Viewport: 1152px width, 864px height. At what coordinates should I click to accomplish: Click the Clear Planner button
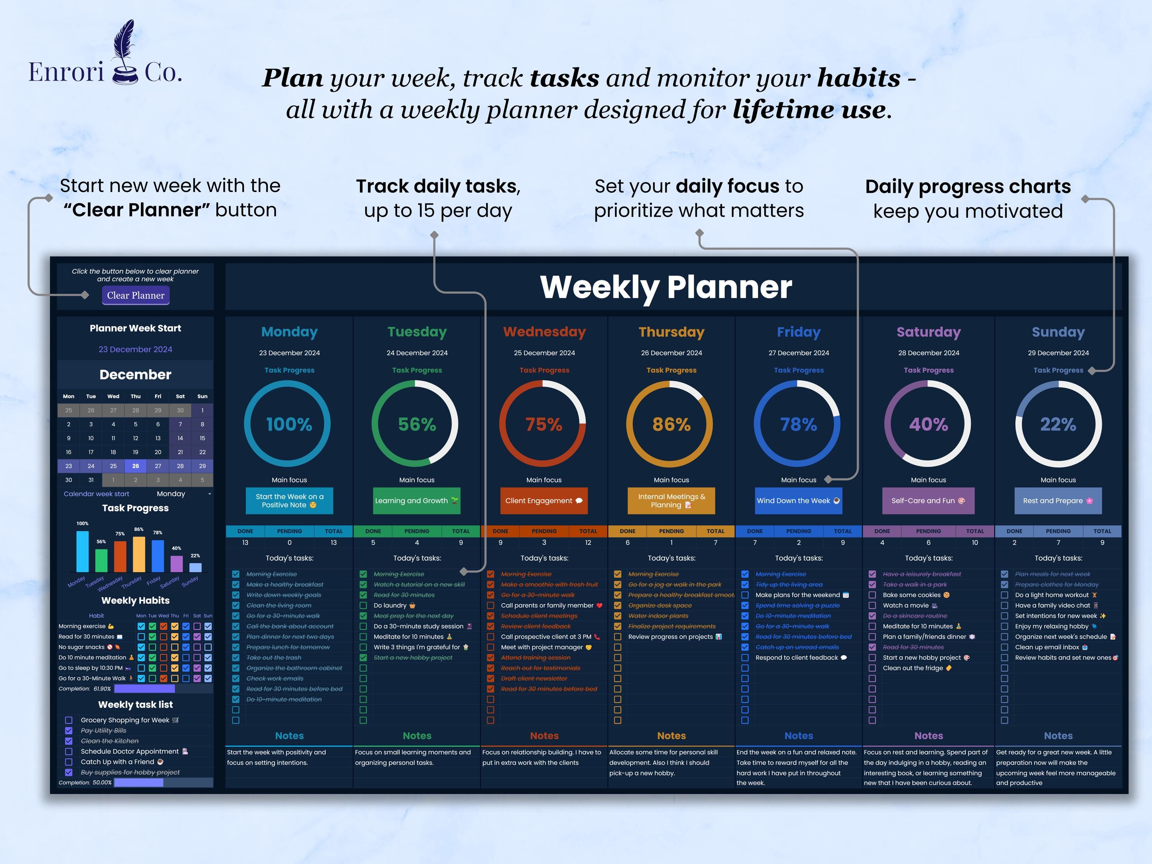click(x=136, y=295)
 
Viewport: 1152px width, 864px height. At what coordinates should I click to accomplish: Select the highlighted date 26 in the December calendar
click(x=136, y=466)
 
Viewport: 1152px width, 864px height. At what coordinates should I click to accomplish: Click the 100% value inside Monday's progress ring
click(x=289, y=424)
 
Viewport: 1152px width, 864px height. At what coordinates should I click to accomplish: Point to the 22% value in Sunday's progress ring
click(x=1058, y=424)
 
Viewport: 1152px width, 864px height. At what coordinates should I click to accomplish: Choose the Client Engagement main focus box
click(x=544, y=500)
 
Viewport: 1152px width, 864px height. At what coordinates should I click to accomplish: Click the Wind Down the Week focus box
click(x=798, y=500)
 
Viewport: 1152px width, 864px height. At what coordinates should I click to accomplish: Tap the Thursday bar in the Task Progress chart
click(x=139, y=554)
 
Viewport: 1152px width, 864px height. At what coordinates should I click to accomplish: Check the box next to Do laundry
click(x=363, y=606)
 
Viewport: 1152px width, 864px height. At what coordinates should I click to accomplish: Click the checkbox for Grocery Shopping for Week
click(x=69, y=720)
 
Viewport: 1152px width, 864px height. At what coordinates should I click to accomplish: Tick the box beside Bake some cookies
click(x=872, y=595)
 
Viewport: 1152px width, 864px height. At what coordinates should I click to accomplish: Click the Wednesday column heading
click(x=544, y=332)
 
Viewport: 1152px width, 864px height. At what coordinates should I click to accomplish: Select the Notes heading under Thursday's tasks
click(x=671, y=736)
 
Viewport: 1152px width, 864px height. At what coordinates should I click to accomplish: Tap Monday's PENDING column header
click(x=289, y=531)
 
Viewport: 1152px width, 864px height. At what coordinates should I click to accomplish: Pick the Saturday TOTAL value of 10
click(x=975, y=543)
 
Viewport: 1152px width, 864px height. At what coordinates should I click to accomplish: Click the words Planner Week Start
click(x=136, y=328)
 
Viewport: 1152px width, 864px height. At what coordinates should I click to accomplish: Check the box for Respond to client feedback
click(x=745, y=658)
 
